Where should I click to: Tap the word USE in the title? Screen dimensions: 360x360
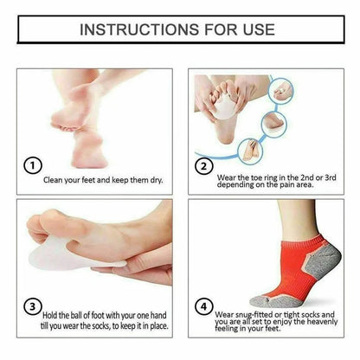click(259, 29)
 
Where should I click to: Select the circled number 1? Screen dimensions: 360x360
click(33, 165)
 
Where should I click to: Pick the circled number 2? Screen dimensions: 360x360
click(204, 166)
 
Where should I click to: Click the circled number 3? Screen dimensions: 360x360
click(33, 306)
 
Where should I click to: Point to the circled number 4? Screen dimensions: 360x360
click(204, 306)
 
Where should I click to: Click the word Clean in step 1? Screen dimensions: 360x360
click(53, 180)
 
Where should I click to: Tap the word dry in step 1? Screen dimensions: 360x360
click(156, 180)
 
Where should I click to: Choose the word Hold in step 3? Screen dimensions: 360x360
click(50, 315)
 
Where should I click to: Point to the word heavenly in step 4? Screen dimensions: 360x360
click(322, 321)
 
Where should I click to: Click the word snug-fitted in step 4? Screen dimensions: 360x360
click(254, 315)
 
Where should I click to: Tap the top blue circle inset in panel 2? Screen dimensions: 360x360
click(280, 91)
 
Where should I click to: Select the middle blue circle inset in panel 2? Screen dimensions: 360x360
click(274, 124)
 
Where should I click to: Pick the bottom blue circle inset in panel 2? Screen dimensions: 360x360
click(251, 151)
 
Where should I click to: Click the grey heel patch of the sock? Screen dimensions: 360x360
click(323, 263)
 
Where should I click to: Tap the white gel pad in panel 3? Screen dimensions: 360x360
click(72, 256)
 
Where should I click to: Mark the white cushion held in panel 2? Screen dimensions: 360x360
click(225, 107)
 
